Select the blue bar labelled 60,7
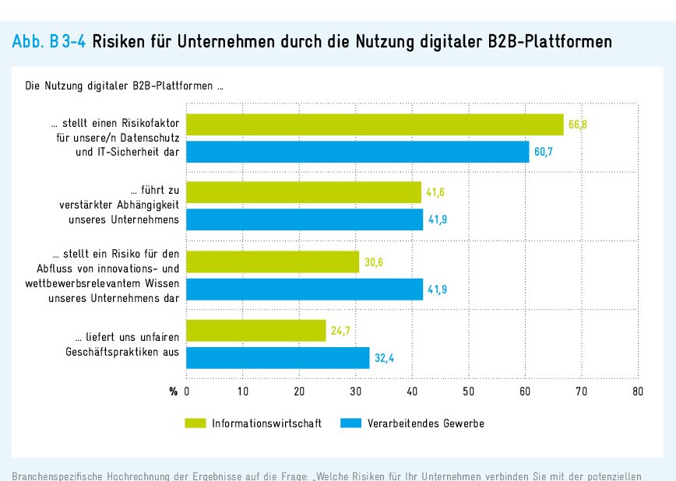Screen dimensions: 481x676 point(358,152)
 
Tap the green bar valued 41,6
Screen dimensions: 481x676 point(304,192)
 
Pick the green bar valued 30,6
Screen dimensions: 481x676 point(273,262)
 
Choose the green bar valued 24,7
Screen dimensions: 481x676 point(256,331)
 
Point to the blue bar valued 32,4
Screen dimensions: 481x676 point(278,358)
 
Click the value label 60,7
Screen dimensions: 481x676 point(544,153)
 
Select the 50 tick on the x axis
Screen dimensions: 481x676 point(469,391)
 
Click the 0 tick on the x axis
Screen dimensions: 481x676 point(187,391)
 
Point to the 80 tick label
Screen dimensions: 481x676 point(637,391)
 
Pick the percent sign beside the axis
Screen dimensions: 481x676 point(174,391)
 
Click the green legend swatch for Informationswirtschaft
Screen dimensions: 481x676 point(195,423)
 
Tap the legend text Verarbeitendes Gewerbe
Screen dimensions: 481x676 point(425,423)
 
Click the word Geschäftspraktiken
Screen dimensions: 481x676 point(114,352)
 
